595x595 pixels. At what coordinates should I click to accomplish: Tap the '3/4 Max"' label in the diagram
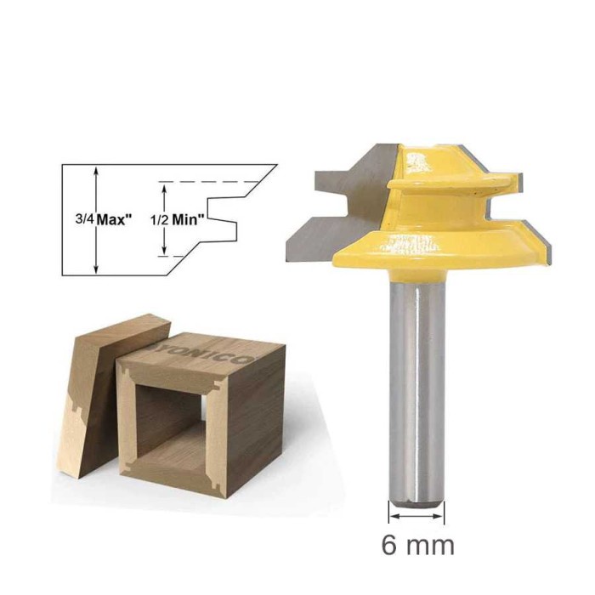[x=104, y=218]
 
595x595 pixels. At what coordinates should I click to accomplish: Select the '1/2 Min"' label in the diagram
[x=178, y=218]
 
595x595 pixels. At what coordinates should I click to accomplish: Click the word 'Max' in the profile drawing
[x=115, y=218]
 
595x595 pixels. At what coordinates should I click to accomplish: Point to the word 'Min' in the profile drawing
[x=190, y=218]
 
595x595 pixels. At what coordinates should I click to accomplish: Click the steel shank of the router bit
[x=416, y=382]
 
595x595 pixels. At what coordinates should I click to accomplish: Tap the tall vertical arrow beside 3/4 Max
[x=96, y=218]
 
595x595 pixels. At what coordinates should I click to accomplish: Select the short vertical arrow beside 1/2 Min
[x=163, y=218]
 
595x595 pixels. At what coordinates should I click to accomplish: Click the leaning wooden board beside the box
[x=93, y=382]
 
